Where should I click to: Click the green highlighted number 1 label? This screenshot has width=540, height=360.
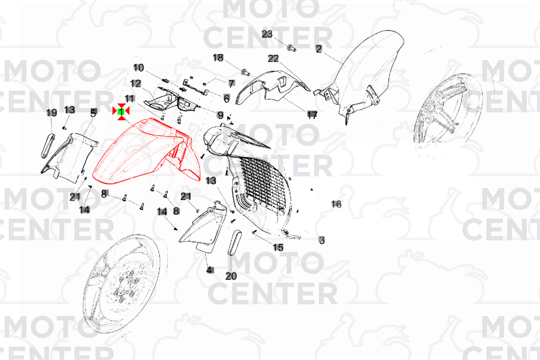pyautogui.click(x=121, y=111)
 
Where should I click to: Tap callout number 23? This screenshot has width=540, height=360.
pyautogui.click(x=267, y=34)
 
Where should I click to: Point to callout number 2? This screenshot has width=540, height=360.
pyautogui.click(x=319, y=49)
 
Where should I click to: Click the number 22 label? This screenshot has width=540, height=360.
pyautogui.click(x=273, y=58)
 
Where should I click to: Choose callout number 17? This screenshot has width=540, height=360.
pyautogui.click(x=312, y=115)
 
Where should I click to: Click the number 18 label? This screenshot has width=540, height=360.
pyautogui.click(x=218, y=58)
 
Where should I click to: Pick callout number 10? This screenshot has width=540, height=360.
pyautogui.click(x=139, y=68)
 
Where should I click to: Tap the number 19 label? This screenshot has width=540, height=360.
pyautogui.click(x=52, y=113)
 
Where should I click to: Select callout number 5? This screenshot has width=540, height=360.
pyautogui.click(x=94, y=113)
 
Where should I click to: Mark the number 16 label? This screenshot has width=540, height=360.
pyautogui.click(x=336, y=204)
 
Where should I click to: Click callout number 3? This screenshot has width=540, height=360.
pyautogui.click(x=322, y=240)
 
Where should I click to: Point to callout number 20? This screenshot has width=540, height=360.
pyautogui.click(x=231, y=276)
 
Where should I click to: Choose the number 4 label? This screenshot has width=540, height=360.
pyautogui.click(x=210, y=270)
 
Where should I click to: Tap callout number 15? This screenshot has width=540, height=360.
pyautogui.click(x=278, y=247)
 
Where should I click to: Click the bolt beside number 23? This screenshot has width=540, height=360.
pyautogui.click(x=291, y=48)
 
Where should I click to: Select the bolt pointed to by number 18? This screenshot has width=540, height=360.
pyautogui.click(x=246, y=72)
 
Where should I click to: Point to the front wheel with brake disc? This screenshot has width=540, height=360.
pyautogui.click(x=121, y=284)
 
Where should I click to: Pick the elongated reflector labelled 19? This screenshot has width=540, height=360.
pyautogui.click(x=48, y=145)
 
